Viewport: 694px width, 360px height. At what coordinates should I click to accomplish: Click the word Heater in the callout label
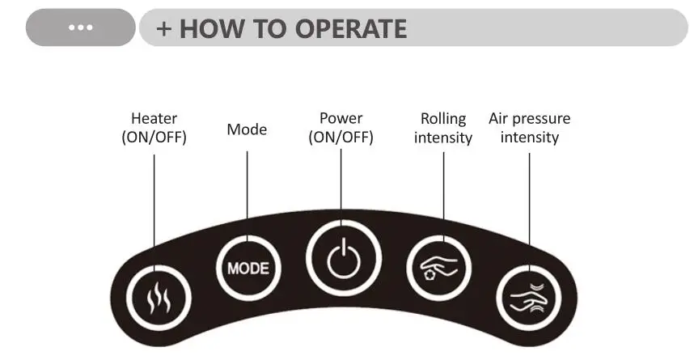154,119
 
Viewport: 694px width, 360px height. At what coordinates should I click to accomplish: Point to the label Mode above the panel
247,129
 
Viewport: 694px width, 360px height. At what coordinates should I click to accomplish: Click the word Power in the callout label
341,119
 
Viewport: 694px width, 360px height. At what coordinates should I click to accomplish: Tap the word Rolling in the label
443,119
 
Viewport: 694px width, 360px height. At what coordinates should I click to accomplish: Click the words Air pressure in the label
529,119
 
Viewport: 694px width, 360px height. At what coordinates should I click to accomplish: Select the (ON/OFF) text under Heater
154,138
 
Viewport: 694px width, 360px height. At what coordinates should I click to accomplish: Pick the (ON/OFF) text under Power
341,138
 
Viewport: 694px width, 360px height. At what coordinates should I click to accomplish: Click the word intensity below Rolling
443,138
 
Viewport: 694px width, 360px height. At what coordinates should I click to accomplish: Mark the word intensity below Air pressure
529,138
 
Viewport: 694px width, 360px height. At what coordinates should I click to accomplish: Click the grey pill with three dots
80,28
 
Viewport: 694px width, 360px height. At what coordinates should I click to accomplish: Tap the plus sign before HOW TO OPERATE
165,28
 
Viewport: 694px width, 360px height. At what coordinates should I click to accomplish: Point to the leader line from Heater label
154,202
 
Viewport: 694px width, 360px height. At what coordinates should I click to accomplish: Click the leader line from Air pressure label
529,202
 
